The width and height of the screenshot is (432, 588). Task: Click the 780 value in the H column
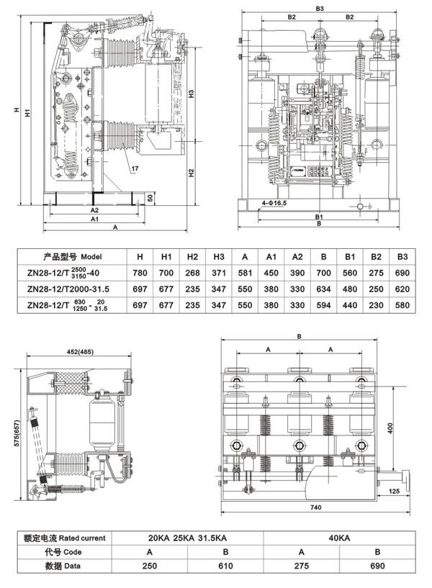tap(140, 273)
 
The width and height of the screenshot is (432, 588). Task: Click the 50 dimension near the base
tap(150, 197)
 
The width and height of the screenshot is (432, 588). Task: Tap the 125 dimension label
tap(394, 492)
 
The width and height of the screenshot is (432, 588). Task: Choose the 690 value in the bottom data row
tap(377, 567)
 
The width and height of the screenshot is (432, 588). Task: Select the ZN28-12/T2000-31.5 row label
tap(69, 289)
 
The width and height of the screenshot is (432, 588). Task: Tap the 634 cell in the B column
tap(324, 289)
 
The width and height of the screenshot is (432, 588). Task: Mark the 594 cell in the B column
tap(324, 305)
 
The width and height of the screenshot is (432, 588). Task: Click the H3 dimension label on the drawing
tap(192, 94)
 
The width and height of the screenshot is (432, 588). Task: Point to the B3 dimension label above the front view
tap(320, 8)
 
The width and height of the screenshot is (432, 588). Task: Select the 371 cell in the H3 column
tap(219, 273)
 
